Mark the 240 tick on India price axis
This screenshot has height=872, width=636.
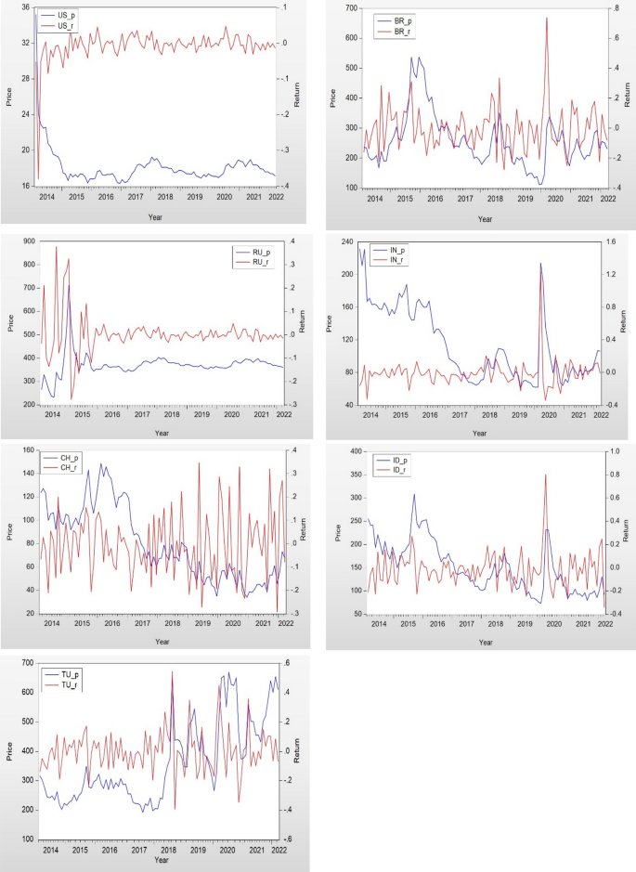[348, 241]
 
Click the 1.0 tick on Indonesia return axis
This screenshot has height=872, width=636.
[622, 451]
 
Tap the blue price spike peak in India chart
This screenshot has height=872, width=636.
[540, 263]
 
